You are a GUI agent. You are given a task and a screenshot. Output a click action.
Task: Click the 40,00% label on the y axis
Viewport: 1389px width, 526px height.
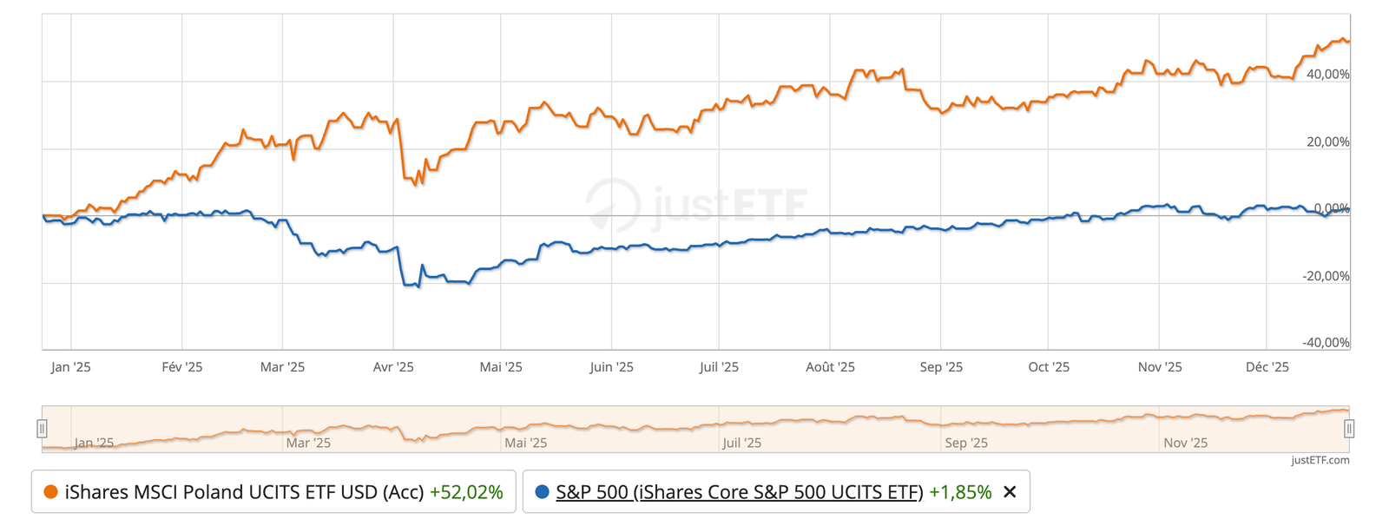coord(1327,75)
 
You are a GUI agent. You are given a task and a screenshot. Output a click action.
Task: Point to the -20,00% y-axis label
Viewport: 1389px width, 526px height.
coord(1326,276)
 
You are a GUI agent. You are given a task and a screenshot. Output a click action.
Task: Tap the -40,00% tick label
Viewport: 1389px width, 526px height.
coord(1326,343)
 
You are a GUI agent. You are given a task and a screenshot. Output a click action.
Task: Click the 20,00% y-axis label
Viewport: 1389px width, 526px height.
coord(1327,142)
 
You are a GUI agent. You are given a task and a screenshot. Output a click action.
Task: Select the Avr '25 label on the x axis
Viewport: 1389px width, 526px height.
coord(393,367)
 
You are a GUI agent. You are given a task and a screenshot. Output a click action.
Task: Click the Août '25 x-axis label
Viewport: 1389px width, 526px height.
coord(830,367)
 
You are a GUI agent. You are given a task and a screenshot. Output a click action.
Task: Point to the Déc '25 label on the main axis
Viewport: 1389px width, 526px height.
coord(1267,367)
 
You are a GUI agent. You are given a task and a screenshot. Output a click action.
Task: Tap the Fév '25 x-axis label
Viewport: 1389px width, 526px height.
coord(181,367)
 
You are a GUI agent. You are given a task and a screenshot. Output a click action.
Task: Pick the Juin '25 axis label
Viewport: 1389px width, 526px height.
coord(611,367)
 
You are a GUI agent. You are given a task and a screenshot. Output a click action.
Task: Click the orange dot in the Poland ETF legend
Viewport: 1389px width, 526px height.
coord(50,492)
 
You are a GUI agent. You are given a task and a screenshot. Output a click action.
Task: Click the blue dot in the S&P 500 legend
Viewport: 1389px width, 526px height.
coord(542,492)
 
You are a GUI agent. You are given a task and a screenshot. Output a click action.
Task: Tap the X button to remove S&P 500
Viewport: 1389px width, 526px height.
coord(1010,492)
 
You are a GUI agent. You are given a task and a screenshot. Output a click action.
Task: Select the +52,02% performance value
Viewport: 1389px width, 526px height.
coord(466,492)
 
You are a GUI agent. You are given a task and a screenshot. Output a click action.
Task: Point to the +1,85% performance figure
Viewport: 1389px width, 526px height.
coord(960,492)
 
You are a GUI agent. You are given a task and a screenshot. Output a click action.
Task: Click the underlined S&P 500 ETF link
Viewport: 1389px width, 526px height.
coord(739,492)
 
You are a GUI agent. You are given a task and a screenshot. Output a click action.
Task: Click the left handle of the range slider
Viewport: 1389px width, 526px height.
coord(42,429)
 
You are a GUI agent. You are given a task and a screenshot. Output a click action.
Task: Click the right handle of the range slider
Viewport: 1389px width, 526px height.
coord(1349,429)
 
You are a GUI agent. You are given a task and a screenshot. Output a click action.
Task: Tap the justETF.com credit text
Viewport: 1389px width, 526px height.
coord(1320,460)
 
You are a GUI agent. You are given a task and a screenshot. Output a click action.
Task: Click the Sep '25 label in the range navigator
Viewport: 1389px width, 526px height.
coord(966,443)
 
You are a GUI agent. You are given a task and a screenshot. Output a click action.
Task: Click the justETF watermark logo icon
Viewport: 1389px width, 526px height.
coord(613,205)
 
